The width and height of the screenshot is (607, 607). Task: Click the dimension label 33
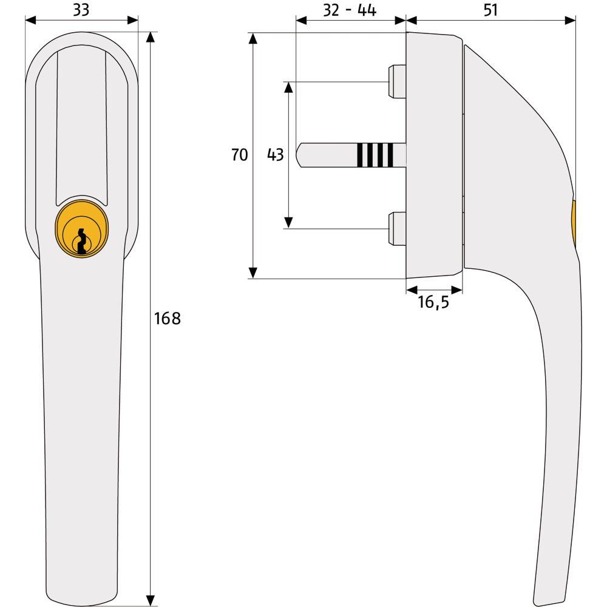click(x=81, y=10)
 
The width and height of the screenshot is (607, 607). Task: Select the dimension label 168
click(x=168, y=319)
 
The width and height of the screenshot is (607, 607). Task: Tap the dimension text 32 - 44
click(x=350, y=10)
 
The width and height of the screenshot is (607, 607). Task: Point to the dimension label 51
click(x=490, y=10)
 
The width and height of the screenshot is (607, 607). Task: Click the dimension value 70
click(x=239, y=155)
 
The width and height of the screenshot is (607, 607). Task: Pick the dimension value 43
click(x=275, y=155)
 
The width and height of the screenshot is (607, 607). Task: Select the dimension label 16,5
click(x=433, y=302)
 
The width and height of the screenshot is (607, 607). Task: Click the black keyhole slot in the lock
click(x=82, y=241)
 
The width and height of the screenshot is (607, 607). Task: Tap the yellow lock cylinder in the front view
click(x=82, y=229)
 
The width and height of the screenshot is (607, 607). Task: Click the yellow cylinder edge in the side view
click(x=574, y=224)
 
